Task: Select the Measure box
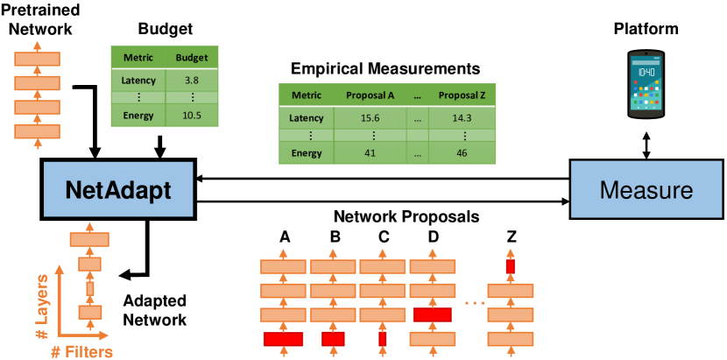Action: (x=646, y=190)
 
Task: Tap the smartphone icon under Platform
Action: (x=646, y=85)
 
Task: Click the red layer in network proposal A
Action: (x=284, y=339)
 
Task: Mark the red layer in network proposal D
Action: (x=431, y=314)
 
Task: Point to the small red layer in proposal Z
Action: (x=510, y=265)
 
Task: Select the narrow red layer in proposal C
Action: (x=382, y=339)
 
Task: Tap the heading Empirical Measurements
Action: (x=386, y=67)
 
